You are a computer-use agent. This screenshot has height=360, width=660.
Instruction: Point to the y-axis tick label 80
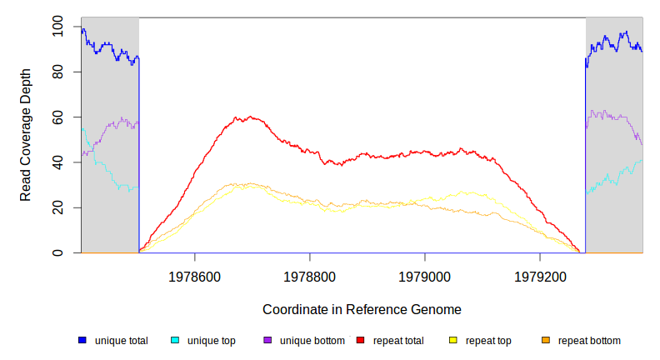[x=57, y=72]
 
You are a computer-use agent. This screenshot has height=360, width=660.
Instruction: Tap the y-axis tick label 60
[x=57, y=117]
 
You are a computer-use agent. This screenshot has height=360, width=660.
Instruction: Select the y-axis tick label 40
[x=57, y=162]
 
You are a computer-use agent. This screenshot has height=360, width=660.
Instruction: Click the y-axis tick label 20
[x=57, y=207]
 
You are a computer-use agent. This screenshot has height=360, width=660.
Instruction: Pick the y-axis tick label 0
[x=57, y=252]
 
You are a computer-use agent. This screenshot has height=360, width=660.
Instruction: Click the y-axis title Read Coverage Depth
[x=26, y=135]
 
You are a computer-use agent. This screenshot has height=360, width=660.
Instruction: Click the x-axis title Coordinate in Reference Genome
[x=362, y=309]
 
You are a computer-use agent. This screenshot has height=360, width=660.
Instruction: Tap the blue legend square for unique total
[x=82, y=340]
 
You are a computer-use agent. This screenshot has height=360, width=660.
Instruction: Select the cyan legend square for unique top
[x=175, y=340]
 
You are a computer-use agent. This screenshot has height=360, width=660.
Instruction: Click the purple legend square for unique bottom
[x=267, y=340]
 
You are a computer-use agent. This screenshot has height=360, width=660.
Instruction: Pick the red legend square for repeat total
[x=361, y=340]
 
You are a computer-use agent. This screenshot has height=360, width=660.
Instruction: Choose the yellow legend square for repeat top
[x=453, y=340]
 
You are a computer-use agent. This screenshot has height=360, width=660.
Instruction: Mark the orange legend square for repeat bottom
[x=546, y=340]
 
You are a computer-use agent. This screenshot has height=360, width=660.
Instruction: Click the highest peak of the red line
[x=249, y=117]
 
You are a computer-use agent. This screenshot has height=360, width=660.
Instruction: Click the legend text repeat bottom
[x=589, y=340]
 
